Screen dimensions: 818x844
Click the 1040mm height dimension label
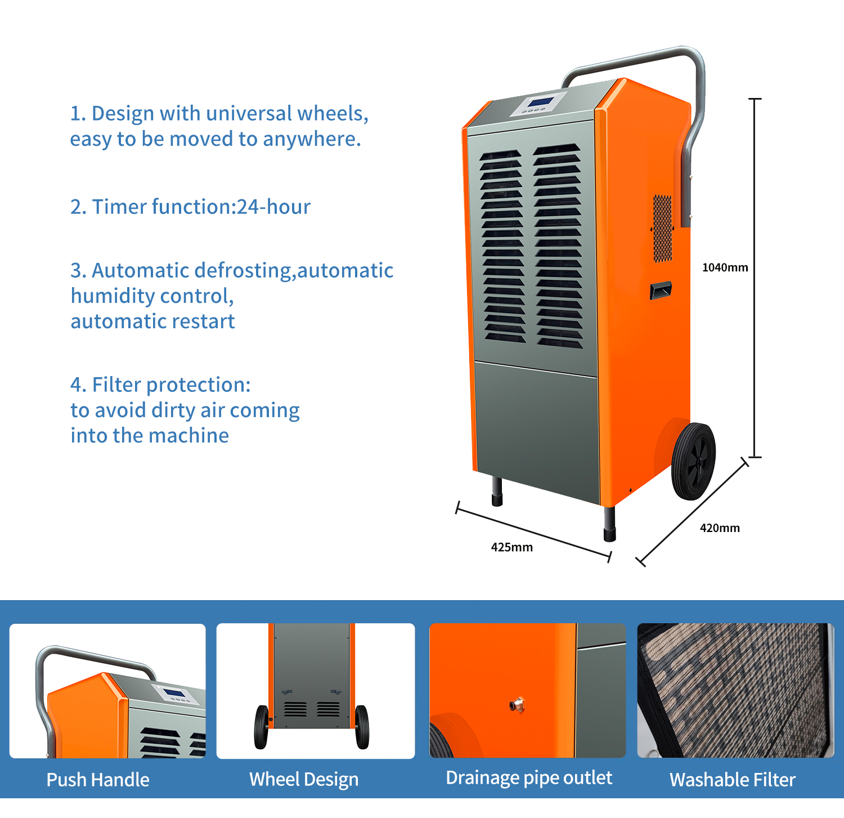(725, 267)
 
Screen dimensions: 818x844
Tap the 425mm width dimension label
(511, 547)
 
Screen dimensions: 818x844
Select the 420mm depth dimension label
(720, 528)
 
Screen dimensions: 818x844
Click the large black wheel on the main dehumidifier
(693, 461)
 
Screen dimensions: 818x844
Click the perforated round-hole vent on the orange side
(662, 228)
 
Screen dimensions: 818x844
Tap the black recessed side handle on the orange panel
(661, 290)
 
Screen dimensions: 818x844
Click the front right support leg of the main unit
(609, 524)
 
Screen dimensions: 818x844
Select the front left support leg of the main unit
(497, 491)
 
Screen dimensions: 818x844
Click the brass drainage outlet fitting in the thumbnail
(517, 704)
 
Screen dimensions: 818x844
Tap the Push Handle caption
(98, 780)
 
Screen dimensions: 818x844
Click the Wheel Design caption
(304, 779)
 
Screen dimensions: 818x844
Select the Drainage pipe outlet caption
(528, 777)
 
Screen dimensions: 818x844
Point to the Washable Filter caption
(732, 780)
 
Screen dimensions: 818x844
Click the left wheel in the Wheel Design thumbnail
(262, 727)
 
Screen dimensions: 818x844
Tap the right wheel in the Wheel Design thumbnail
(362, 727)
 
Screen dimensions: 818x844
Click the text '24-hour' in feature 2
(273, 207)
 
